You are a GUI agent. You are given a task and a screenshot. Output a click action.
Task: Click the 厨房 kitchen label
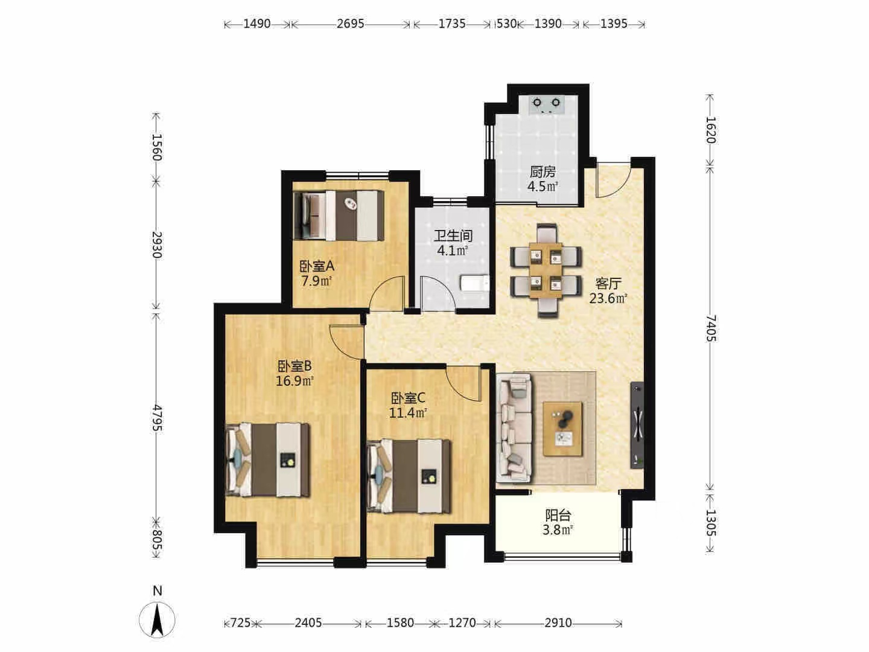(543, 172)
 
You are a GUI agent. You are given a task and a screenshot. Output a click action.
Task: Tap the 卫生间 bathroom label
(453, 236)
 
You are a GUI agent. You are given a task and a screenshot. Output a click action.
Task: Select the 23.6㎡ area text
(608, 298)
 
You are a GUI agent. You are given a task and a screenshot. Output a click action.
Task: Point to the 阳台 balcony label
(558, 516)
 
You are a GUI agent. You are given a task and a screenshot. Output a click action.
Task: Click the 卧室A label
(317, 266)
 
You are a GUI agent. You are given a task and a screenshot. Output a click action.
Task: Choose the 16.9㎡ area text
(294, 381)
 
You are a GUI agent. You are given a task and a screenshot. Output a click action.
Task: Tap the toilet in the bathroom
(475, 284)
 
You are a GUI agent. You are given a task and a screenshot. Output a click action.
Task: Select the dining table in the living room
(546, 271)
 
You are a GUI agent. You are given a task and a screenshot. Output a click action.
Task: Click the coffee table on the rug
(562, 429)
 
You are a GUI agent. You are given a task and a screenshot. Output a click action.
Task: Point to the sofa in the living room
(514, 428)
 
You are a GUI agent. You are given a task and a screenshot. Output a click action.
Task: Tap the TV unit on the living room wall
(637, 425)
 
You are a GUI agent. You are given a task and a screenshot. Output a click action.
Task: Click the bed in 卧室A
(339, 216)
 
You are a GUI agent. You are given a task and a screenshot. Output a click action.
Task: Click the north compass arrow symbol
(157, 619)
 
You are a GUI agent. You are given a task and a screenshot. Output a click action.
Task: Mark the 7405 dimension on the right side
(711, 328)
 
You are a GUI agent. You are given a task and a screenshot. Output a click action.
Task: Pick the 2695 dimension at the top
(351, 24)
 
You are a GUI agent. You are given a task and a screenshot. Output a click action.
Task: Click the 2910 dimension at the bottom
(558, 623)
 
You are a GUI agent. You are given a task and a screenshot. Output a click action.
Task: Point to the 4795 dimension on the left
(157, 418)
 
